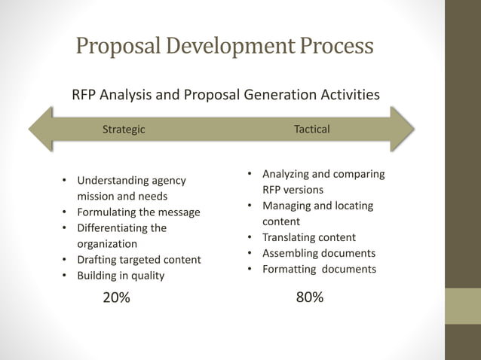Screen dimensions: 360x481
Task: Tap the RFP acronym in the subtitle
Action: pos(85,95)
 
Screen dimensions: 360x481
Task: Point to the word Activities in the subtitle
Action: pos(339,95)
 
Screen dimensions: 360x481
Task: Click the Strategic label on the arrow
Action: pos(124,130)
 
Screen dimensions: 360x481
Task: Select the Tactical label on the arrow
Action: pos(312,130)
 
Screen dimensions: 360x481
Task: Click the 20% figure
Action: pos(116,297)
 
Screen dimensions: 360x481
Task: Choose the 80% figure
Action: pos(310,297)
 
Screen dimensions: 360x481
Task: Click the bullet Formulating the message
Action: pos(139,212)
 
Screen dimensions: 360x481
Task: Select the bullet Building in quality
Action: pos(121,276)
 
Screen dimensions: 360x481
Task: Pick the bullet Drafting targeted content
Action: pos(139,260)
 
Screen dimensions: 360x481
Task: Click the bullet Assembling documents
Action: pos(318,253)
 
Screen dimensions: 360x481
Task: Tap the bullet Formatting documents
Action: pos(318,269)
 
